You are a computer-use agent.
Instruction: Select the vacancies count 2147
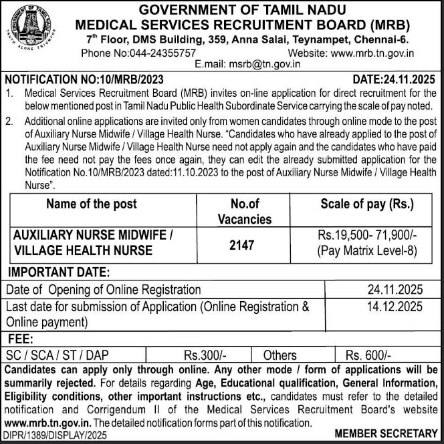tap(241, 245)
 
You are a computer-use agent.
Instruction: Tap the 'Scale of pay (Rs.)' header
tap(367, 204)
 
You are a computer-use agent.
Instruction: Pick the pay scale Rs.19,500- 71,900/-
tap(367, 238)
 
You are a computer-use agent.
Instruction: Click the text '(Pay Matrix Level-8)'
tap(367, 252)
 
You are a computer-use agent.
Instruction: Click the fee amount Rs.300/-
tap(203, 355)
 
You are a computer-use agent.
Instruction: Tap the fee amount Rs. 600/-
tap(368, 355)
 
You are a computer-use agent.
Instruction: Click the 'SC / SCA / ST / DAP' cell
tap(55, 355)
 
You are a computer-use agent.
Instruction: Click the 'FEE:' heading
tap(23, 339)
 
